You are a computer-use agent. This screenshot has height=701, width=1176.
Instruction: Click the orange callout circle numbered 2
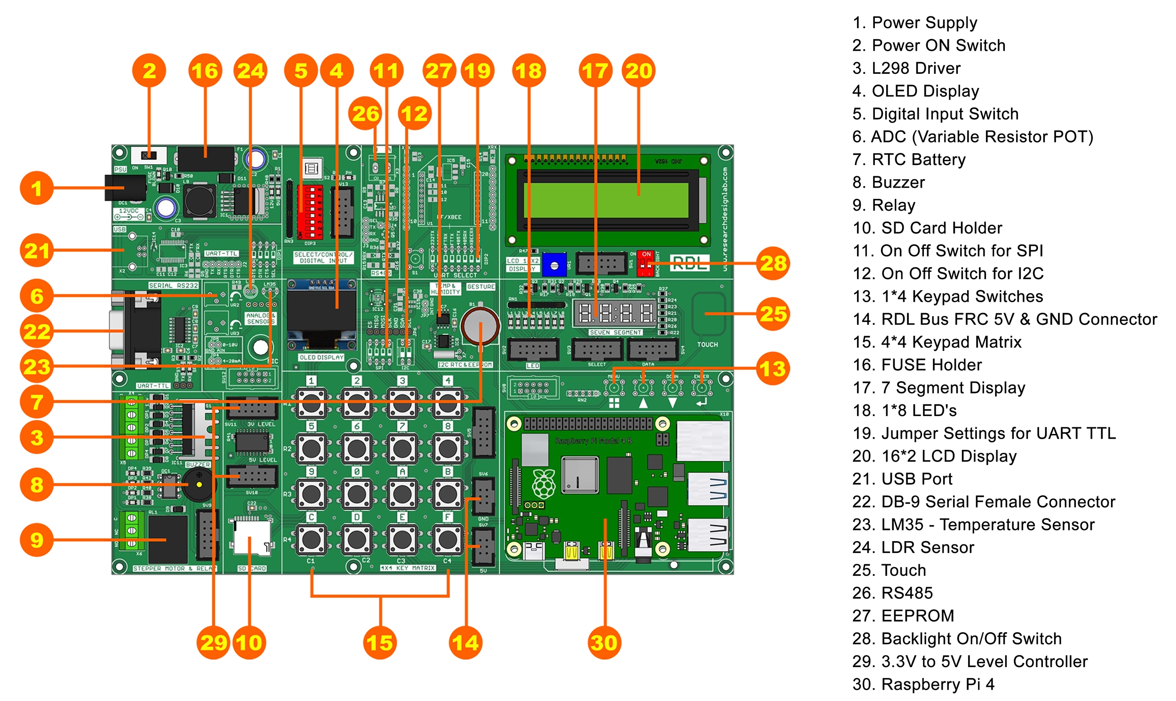coord(149,71)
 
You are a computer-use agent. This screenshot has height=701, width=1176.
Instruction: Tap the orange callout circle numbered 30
coord(604,642)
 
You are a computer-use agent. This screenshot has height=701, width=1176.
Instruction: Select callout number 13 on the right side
coord(773,369)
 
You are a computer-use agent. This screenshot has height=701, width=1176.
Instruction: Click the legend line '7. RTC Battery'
coord(908,160)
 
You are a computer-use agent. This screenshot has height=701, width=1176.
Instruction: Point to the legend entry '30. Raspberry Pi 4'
coord(923,684)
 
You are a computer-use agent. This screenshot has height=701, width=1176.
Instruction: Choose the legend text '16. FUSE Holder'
coord(917,365)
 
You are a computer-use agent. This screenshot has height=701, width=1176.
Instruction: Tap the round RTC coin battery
coord(479,325)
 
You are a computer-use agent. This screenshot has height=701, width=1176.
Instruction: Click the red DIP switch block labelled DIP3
coord(310,212)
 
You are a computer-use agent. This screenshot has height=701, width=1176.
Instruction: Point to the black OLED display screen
coord(322,310)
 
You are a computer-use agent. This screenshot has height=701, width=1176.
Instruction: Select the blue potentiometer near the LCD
coord(554,265)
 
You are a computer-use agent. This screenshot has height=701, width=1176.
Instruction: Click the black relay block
coord(168,538)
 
